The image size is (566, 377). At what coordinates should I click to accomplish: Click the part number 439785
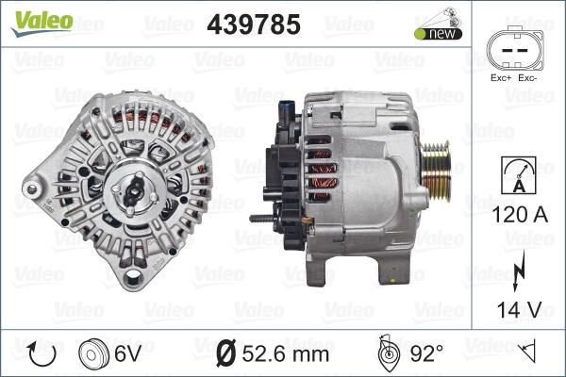(x=253, y=25)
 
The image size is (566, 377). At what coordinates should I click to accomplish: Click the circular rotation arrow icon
(x=41, y=353)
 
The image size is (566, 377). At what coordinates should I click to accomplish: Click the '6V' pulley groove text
(x=129, y=353)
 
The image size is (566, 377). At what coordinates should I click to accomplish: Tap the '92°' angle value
(x=426, y=353)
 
